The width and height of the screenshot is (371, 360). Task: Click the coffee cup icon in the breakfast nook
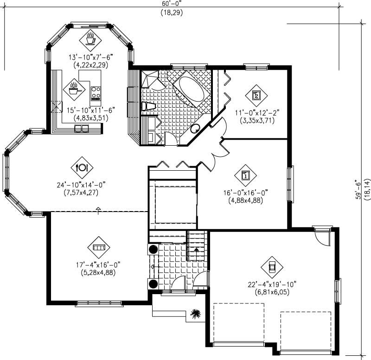pyautogui.click(x=90, y=39)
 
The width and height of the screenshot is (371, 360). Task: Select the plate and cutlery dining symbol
pyautogui.click(x=82, y=167)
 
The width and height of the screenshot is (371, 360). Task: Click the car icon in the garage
pyautogui.click(x=272, y=266)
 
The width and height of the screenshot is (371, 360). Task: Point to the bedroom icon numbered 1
pyautogui.click(x=246, y=175)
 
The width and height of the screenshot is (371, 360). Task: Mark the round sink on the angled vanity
pyautogui.click(x=195, y=129)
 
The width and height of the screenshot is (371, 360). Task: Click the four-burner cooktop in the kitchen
pyautogui.click(x=96, y=93)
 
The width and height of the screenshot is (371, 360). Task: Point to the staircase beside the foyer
pyautogui.click(x=196, y=246)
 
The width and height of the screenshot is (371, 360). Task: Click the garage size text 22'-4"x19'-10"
pyautogui.click(x=273, y=284)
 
